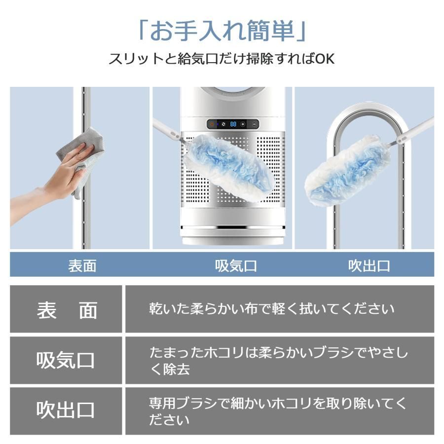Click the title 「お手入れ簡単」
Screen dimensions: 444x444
click(222, 31)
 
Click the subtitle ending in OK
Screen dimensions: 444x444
click(222, 59)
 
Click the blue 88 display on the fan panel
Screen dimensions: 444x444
click(232, 124)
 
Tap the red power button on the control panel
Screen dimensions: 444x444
click(212, 124)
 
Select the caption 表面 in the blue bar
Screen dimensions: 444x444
click(82, 266)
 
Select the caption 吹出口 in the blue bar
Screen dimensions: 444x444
click(369, 266)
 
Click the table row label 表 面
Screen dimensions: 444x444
click(67, 310)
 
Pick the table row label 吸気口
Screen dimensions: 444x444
click(66, 361)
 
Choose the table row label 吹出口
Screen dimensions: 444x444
click(66, 410)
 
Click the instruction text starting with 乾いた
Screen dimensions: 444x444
click(271, 309)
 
